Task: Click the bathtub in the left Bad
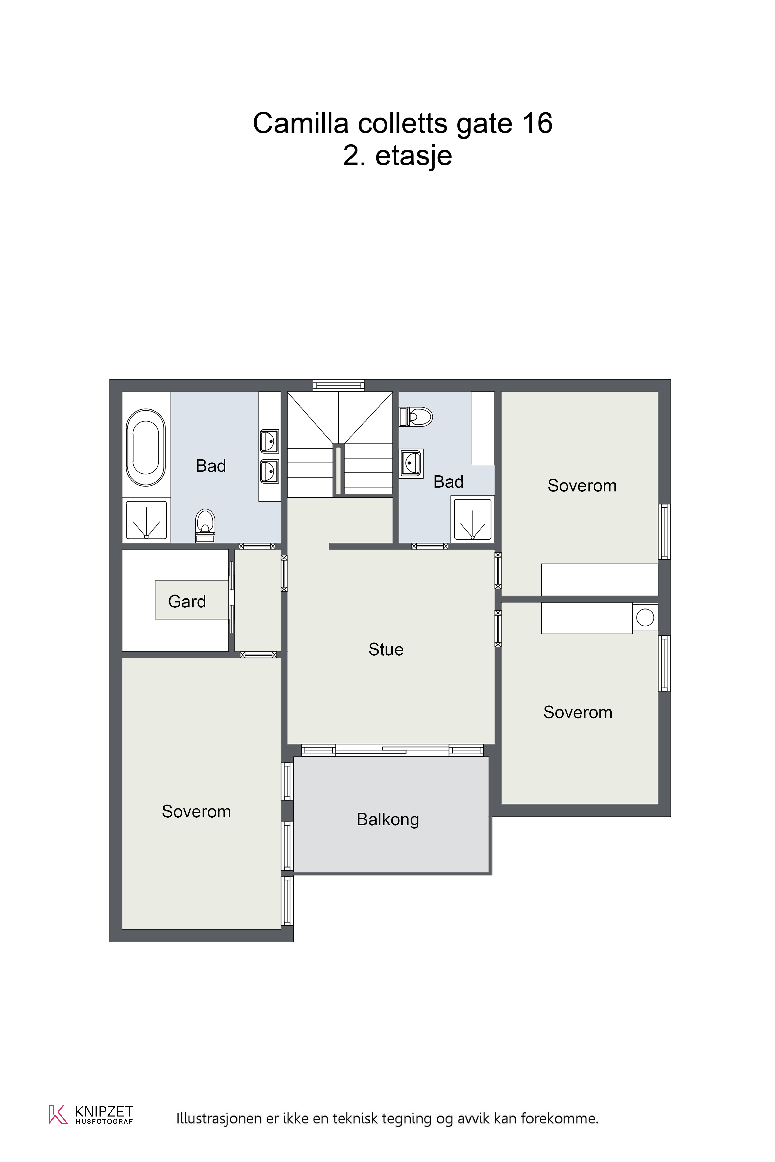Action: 146,448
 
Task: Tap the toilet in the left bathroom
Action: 205,526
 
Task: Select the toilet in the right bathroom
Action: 416,417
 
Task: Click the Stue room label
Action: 386,649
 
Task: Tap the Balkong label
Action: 388,819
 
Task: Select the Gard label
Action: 187,601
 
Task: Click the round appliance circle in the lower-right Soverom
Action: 645,617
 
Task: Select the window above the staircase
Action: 339,385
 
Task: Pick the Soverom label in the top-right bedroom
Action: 582,486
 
